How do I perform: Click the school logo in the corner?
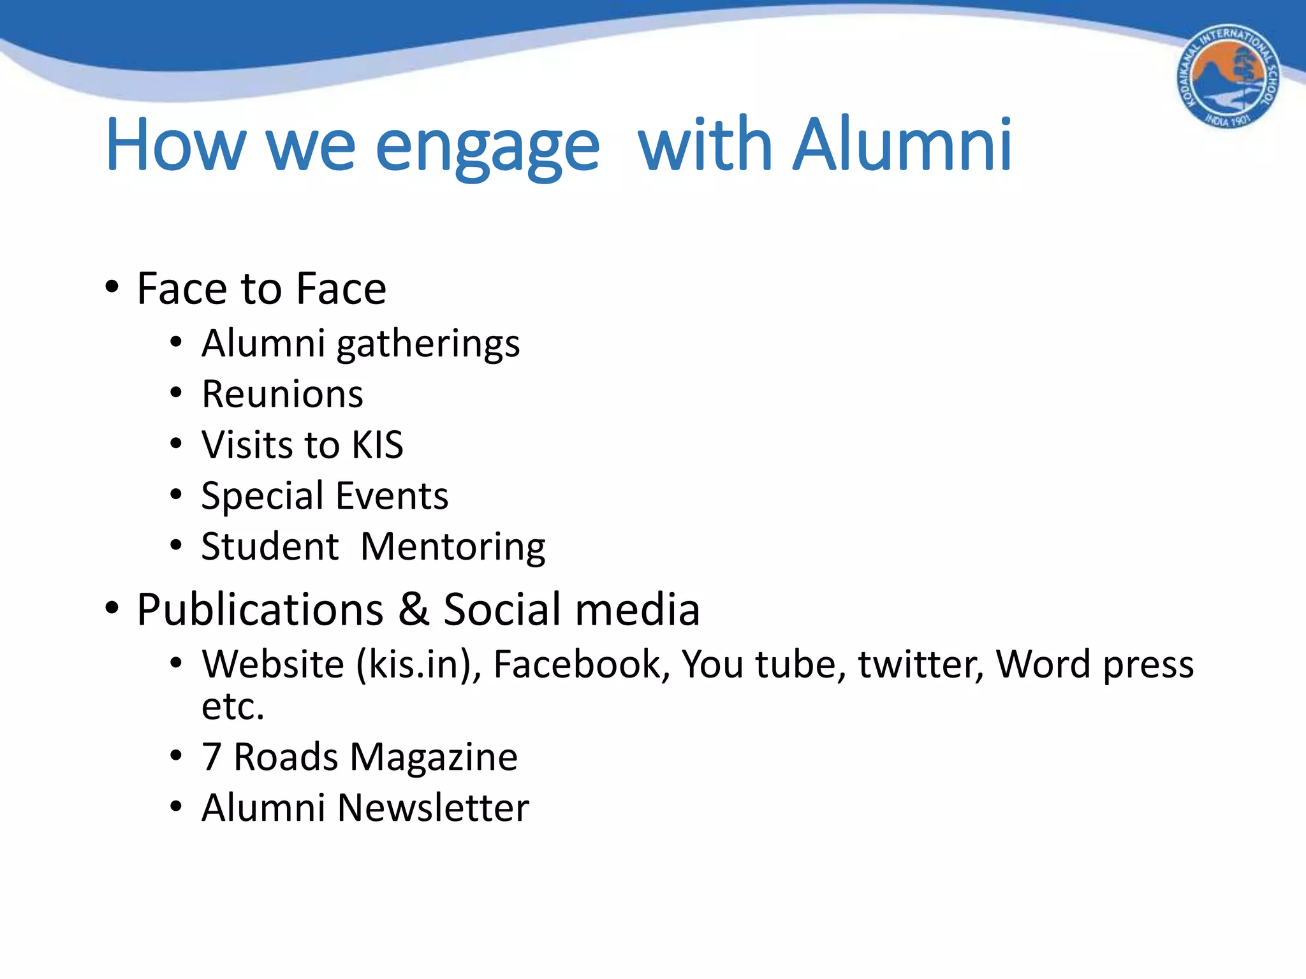pos(1228,77)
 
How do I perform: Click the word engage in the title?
pos(488,147)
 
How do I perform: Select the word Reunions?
pos(282,394)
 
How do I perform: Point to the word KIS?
pos(378,444)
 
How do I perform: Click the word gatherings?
pos(428,345)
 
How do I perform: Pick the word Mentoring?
pos(453,548)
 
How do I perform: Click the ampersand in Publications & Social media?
pos(413,609)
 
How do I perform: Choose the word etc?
pos(233,706)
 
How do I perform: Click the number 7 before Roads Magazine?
pos(211,757)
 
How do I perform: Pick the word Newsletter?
pos(433,808)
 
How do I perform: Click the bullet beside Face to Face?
pos(112,287)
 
